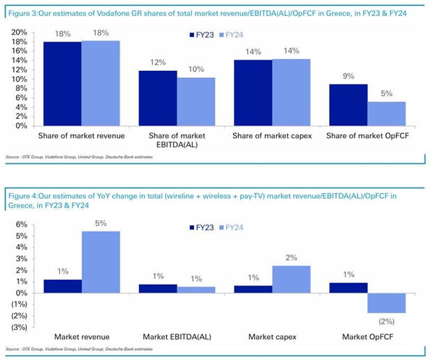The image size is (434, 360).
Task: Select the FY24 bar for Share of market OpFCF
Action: tap(386, 114)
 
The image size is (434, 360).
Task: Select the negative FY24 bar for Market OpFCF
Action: tap(386, 303)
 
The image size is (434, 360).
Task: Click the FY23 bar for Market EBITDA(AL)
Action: tap(157, 288)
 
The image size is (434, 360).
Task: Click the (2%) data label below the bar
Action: tap(386, 320)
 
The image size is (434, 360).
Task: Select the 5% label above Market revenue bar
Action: tap(101, 223)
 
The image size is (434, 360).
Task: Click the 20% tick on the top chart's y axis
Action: tap(19, 32)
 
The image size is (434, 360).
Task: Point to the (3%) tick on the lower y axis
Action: tap(18, 327)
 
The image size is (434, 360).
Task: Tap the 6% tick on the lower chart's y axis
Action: tap(20, 224)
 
